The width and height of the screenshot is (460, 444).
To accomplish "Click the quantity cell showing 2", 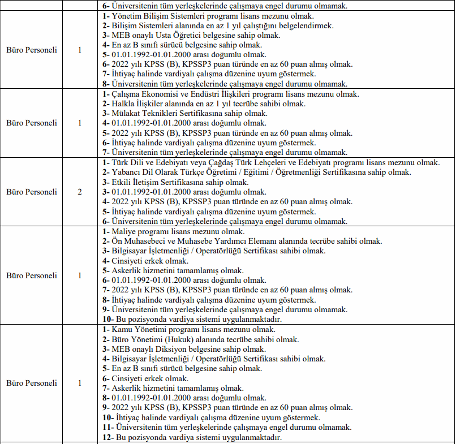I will [x=80, y=192].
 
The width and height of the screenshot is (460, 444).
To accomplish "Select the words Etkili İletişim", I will [x=137, y=182].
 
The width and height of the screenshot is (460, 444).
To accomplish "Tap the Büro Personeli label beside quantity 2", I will [x=32, y=192].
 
